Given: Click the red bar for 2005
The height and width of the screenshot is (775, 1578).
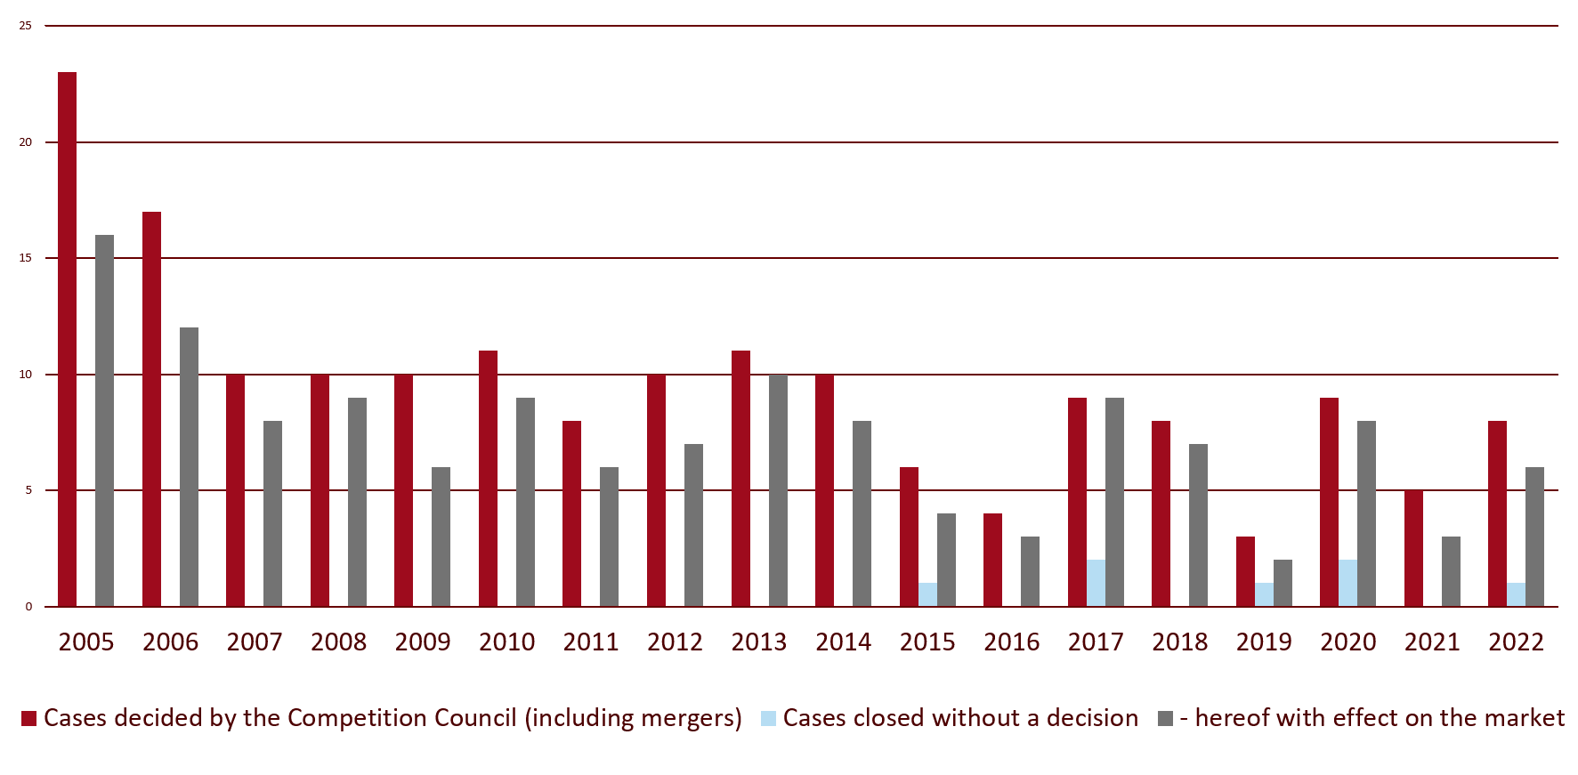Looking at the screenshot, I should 68,339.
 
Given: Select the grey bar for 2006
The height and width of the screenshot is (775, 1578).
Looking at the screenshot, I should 189,467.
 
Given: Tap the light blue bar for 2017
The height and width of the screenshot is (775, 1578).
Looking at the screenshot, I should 1096,584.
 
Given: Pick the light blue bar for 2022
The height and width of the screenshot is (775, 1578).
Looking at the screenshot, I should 1516,595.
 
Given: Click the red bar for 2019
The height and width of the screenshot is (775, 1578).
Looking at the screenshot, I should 1245,572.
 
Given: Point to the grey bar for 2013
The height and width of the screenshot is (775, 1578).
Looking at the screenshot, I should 778,490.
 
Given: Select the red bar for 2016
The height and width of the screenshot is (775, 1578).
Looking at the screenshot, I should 992,561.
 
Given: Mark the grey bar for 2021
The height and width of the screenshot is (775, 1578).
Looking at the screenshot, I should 1451,572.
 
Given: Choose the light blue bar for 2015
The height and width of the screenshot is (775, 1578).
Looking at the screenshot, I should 927,595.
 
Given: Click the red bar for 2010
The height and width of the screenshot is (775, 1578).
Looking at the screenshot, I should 488,479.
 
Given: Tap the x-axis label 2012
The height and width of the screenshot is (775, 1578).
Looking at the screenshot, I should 675,642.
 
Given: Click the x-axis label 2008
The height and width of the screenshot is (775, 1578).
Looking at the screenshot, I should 338,642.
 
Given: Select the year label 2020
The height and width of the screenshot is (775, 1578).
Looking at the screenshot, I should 1347,642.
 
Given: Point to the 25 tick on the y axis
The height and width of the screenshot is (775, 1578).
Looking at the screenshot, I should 26,26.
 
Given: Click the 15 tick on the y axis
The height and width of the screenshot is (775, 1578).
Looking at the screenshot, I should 26,258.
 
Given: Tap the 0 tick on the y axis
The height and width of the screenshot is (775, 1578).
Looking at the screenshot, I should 28,607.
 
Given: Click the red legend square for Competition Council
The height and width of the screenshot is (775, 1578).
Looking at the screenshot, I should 29,719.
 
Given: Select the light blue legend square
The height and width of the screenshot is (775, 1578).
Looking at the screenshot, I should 768,719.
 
